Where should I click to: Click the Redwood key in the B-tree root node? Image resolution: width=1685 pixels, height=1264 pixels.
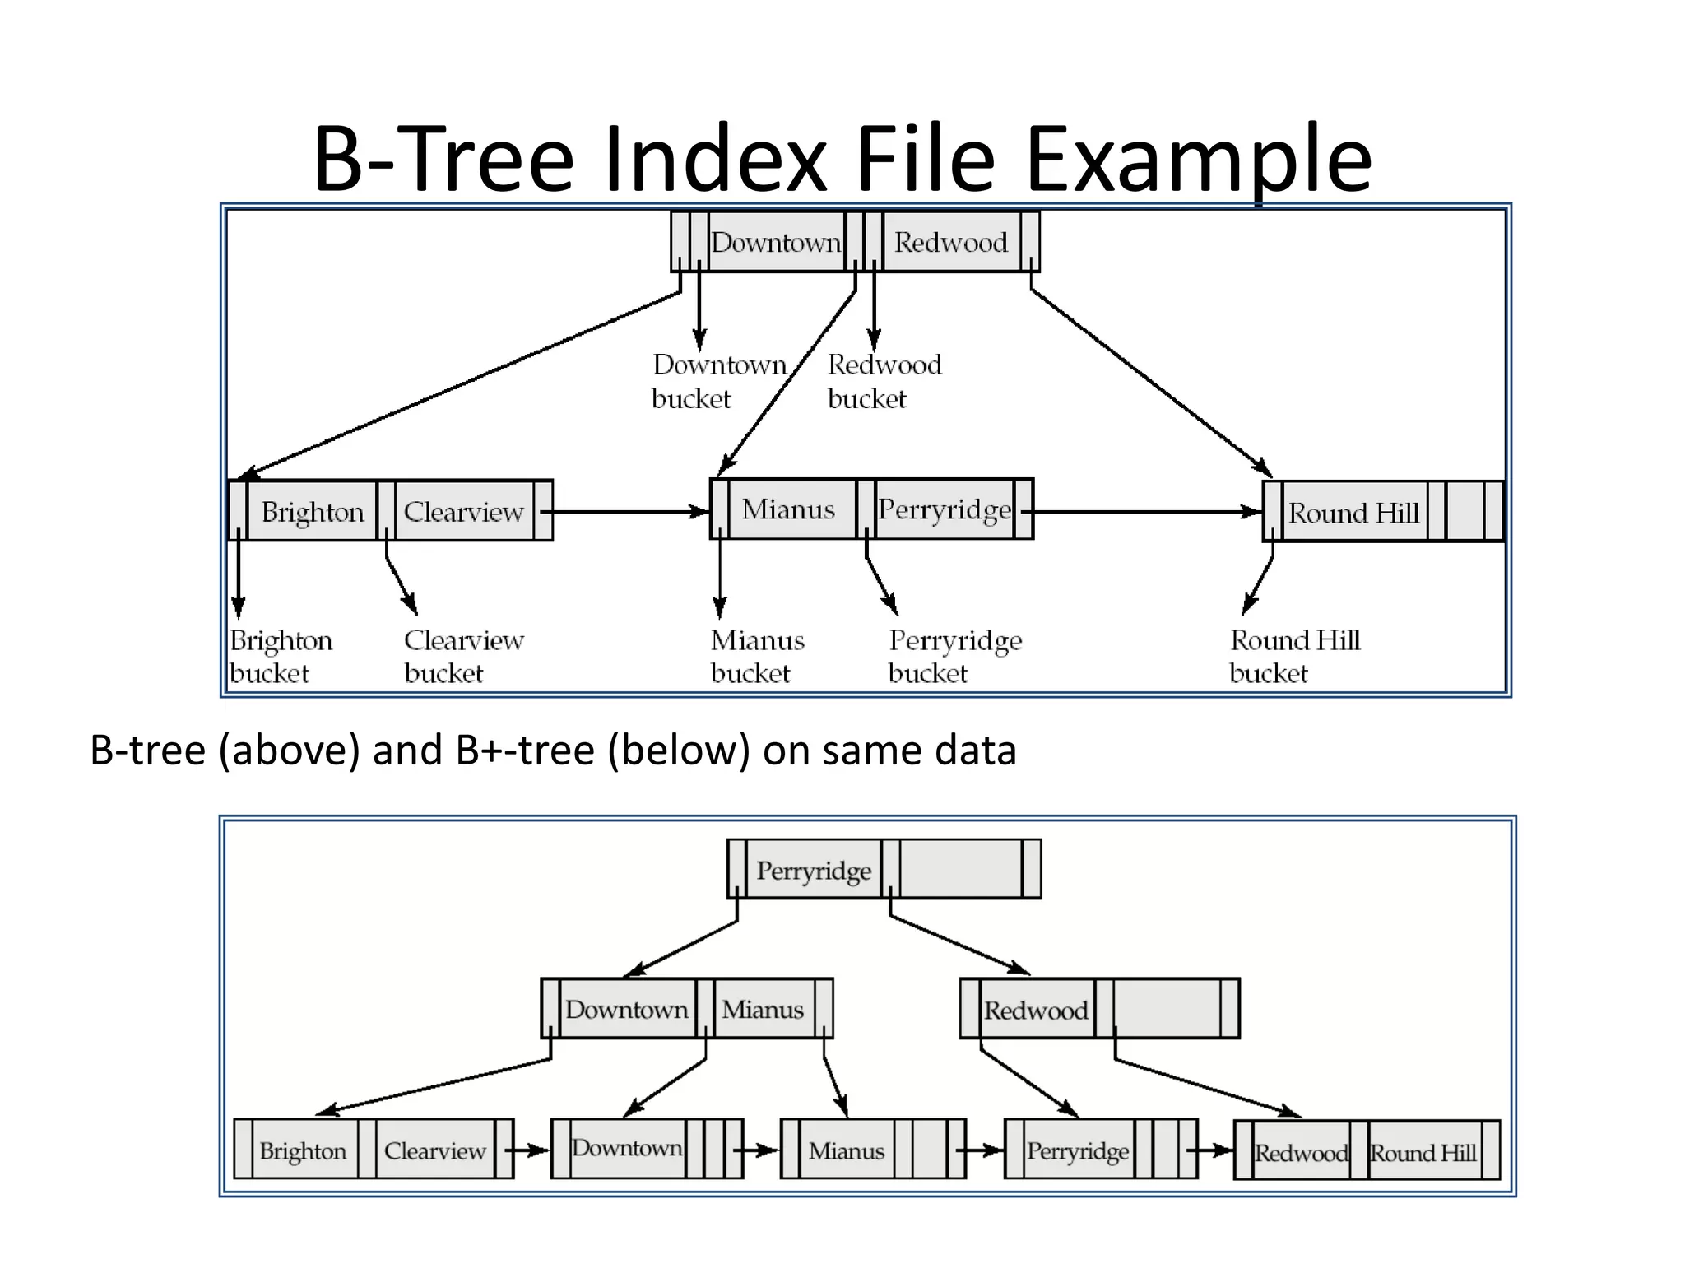click(950, 242)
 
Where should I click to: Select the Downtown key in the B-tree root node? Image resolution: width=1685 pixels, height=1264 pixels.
click(775, 242)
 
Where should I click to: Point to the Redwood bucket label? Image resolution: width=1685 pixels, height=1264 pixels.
click(884, 381)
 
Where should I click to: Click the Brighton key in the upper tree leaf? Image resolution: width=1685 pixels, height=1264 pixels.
click(312, 512)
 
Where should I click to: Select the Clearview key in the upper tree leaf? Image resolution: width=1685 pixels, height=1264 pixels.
click(463, 512)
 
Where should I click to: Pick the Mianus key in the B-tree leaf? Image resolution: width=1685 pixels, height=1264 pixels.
click(788, 509)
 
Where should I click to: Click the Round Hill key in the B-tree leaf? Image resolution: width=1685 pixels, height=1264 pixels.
click(1353, 513)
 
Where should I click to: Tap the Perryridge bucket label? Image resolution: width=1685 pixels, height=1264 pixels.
click(954, 656)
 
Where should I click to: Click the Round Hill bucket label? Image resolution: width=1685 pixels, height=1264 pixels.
click(1294, 656)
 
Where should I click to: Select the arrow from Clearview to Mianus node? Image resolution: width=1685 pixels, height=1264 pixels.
click(625, 512)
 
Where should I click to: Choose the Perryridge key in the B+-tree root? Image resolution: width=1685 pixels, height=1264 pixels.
click(813, 871)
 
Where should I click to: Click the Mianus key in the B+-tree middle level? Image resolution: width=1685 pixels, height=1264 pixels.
click(763, 1009)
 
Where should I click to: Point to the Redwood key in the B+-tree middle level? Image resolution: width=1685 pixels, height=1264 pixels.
click(1035, 1010)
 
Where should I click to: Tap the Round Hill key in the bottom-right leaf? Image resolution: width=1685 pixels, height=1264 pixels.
click(1423, 1152)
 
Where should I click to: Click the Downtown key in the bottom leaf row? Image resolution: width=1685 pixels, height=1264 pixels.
click(627, 1148)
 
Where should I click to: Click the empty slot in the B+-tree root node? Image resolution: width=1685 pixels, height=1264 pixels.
click(960, 870)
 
